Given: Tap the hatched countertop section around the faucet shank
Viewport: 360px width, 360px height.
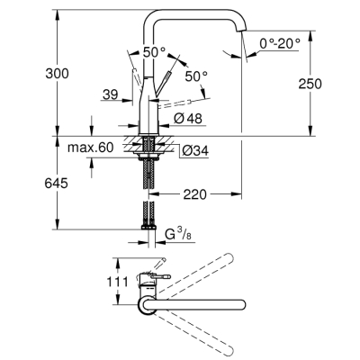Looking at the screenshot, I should tap(148, 143).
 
